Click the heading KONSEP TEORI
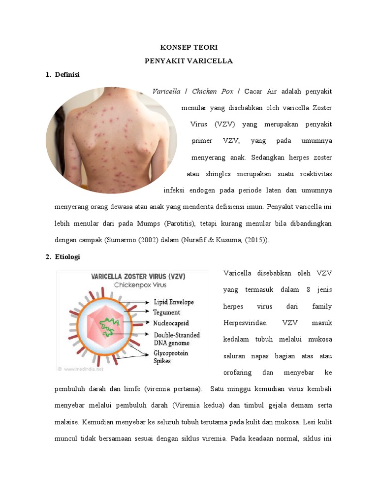189,47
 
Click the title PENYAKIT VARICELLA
189,61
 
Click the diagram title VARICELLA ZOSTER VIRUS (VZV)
138,277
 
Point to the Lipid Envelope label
174,302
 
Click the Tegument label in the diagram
166,312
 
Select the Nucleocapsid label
172,323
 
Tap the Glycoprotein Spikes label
171,357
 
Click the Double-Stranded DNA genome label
177,339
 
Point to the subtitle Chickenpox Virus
140,285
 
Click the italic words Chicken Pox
213,92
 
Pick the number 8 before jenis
308,290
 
